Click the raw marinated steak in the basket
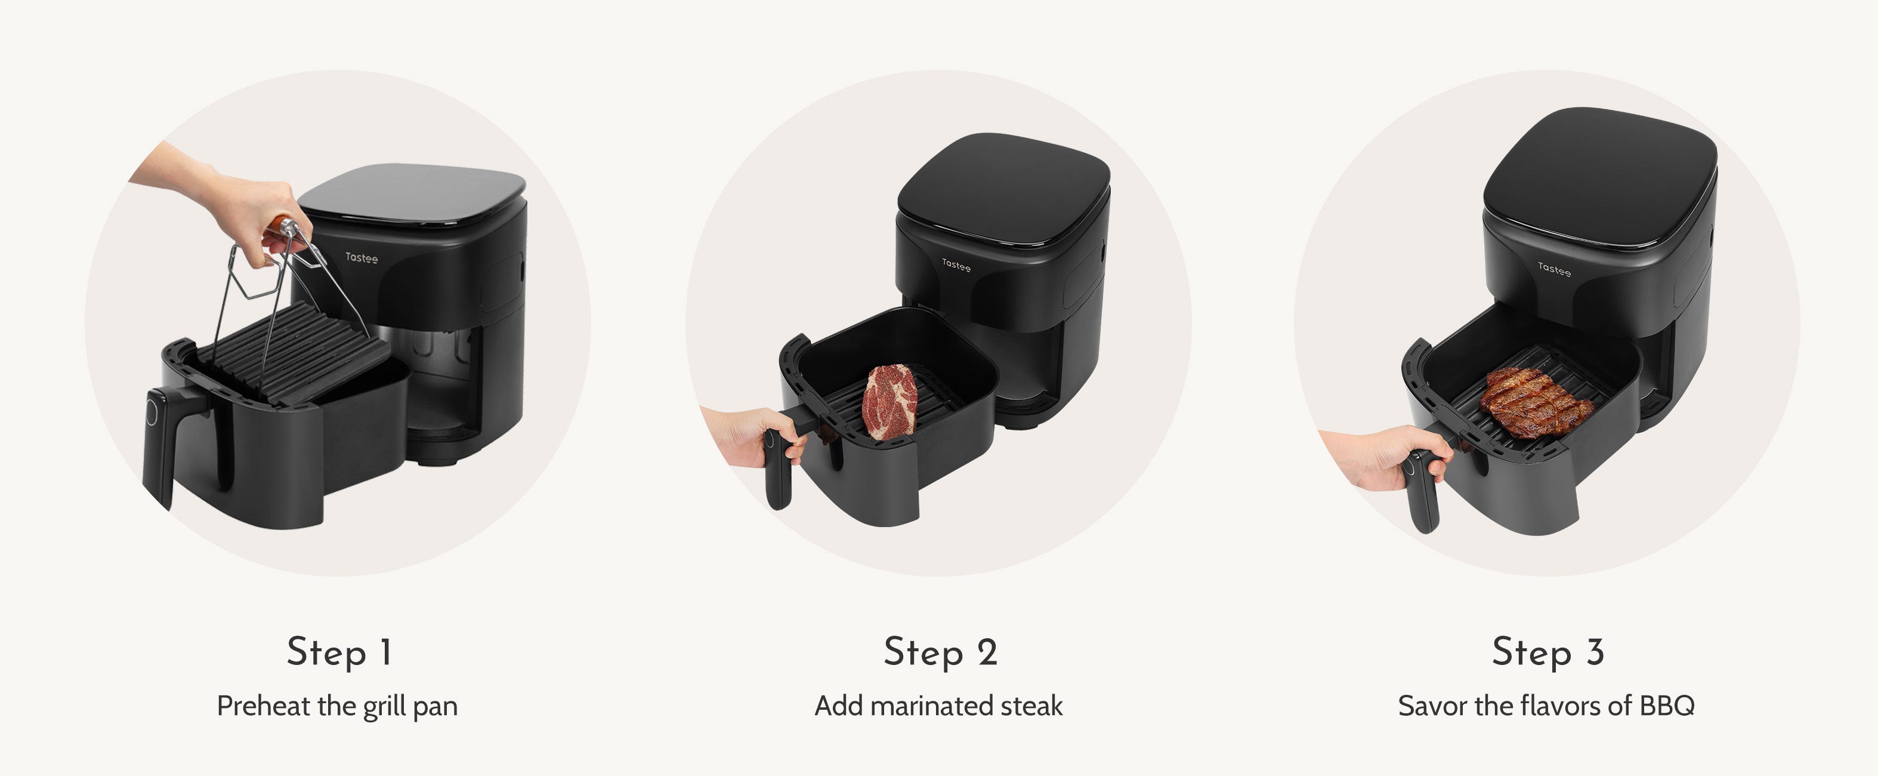[889, 402]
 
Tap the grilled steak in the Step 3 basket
[1536, 402]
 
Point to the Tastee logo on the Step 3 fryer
[1554, 270]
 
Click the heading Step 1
[339, 652]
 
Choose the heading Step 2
[940, 652]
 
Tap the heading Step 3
[1548, 652]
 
